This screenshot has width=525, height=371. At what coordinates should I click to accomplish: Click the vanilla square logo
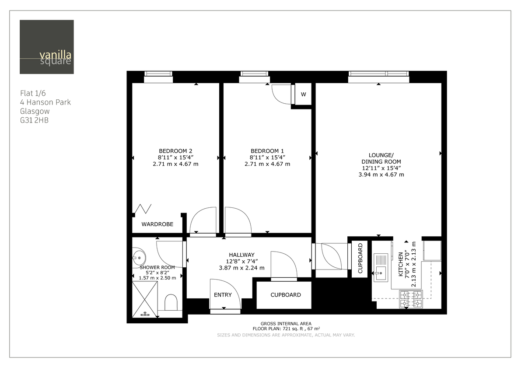pos(46,47)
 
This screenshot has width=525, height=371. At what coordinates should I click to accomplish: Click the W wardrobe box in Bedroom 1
pos(303,94)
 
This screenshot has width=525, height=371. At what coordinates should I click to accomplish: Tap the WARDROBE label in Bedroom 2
pos(157,224)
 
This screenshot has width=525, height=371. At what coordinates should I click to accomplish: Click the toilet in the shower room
pos(171,301)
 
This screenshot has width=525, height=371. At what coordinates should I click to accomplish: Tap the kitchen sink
pos(380,267)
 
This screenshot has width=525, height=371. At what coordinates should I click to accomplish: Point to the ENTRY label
pos(223,295)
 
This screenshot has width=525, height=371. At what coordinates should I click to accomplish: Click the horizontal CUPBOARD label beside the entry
pos(285,295)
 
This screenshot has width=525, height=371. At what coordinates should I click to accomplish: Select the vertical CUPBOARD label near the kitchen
pos(360,259)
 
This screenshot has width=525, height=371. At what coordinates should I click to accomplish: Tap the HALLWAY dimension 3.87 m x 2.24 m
pos(241,268)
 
